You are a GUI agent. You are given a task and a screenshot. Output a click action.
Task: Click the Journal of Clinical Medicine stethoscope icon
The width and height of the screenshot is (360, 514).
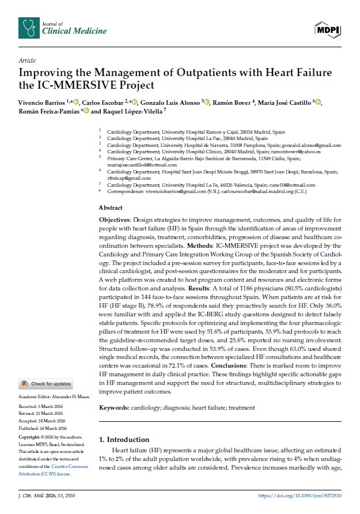click(x=27, y=26)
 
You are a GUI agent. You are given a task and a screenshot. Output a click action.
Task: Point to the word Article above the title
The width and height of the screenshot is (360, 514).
click(x=27, y=61)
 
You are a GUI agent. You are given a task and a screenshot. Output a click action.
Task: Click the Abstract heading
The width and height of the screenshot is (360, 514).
click(x=111, y=207)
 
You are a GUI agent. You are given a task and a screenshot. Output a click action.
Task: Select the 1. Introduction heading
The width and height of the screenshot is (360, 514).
click(x=125, y=439)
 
